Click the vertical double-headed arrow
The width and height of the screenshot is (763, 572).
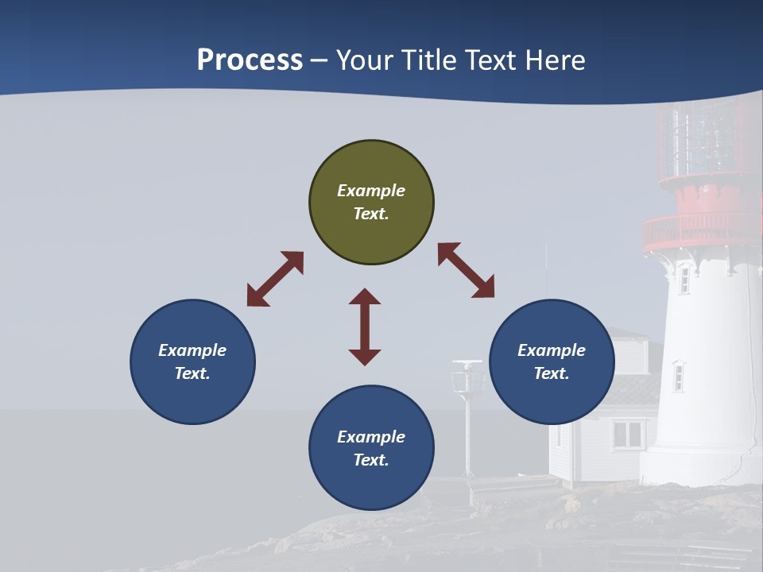(365, 327)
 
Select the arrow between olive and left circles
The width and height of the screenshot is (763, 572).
(275, 279)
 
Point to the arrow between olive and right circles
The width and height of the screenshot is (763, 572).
(466, 270)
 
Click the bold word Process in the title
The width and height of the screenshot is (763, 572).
(250, 60)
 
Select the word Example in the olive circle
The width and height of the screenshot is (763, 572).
(371, 191)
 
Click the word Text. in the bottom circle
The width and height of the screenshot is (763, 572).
(371, 460)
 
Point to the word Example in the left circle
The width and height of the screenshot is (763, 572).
(192, 350)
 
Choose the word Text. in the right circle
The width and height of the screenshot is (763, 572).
(552, 373)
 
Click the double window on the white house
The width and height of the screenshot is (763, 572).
(628, 435)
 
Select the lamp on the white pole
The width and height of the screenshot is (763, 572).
(467, 378)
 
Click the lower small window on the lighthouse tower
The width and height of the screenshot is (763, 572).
(679, 376)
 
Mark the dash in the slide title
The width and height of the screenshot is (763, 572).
(320, 60)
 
